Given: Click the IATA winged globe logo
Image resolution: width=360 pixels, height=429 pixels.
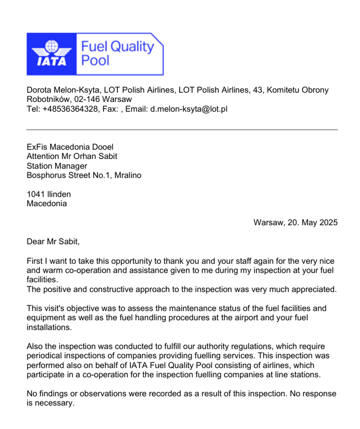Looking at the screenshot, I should pos(51,54).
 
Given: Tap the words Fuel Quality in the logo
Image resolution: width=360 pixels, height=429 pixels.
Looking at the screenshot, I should pos(117,47).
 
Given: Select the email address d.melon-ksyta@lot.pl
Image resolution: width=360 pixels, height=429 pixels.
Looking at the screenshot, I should pos(189,109).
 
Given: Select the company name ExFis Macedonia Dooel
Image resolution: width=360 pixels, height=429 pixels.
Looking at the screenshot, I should pos(70,147).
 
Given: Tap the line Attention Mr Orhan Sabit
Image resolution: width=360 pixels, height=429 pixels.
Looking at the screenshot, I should pos(72,156).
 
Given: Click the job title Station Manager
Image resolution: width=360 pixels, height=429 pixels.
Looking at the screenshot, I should pos(57,166).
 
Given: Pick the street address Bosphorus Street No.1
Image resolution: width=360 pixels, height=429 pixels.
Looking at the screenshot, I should pos(68,175).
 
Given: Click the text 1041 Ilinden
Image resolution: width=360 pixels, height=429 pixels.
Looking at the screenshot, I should pos(49,194).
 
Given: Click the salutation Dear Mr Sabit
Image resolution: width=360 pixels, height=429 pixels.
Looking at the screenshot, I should pos(53,241).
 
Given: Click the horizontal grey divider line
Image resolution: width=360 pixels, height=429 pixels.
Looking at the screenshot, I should pos(182,130).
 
